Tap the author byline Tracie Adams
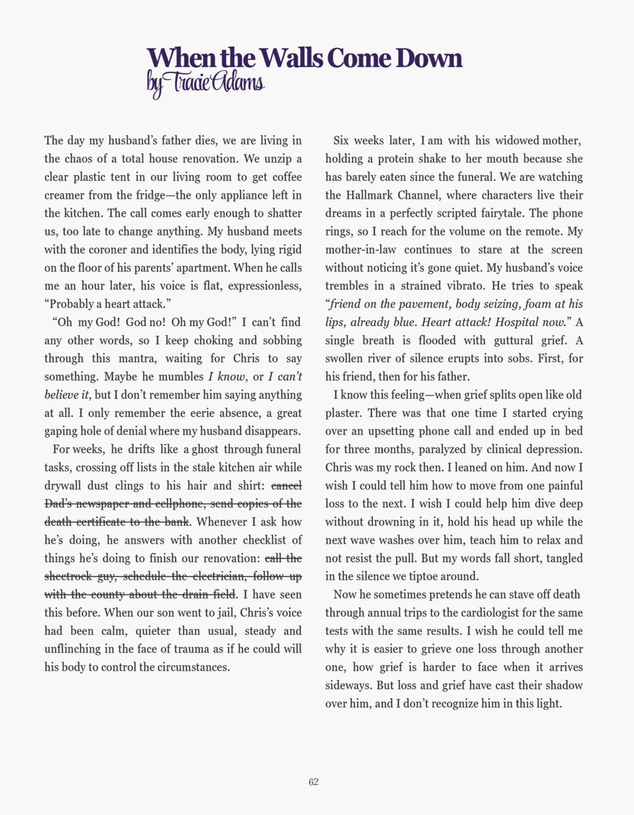click(x=206, y=83)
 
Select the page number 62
click(x=314, y=782)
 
